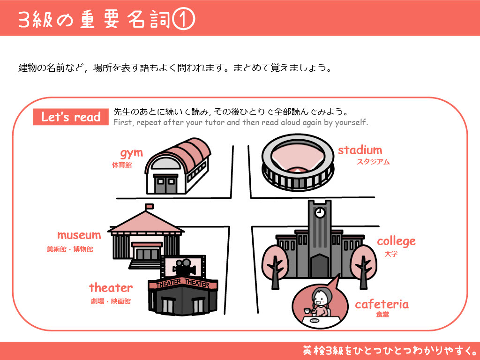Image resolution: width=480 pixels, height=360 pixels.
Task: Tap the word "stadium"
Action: [360, 150]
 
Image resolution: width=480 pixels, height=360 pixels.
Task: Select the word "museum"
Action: [79, 235]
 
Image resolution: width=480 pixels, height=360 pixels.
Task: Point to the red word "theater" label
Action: [111, 288]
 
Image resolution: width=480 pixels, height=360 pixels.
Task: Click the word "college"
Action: [396, 241]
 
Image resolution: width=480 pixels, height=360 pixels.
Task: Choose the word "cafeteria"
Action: [382, 304]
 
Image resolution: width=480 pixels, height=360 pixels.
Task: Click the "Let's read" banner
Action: [71, 117]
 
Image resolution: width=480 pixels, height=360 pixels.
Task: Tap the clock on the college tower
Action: [320, 212]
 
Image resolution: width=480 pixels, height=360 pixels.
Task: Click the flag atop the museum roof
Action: [150, 207]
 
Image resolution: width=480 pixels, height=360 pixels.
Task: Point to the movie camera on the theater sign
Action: [184, 267]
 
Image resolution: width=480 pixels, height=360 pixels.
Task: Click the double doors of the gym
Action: [165, 185]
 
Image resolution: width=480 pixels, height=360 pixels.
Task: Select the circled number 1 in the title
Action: [184, 19]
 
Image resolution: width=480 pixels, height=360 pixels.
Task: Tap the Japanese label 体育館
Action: [122, 165]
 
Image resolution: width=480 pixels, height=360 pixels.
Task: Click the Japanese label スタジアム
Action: [373, 162]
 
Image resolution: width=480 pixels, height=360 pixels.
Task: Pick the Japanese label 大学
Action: [391, 254]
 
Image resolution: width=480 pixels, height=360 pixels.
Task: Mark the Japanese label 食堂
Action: [382, 315]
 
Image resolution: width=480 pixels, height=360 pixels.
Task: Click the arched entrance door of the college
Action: [320, 266]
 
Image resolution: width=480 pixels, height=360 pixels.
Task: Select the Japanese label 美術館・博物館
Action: [70, 249]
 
